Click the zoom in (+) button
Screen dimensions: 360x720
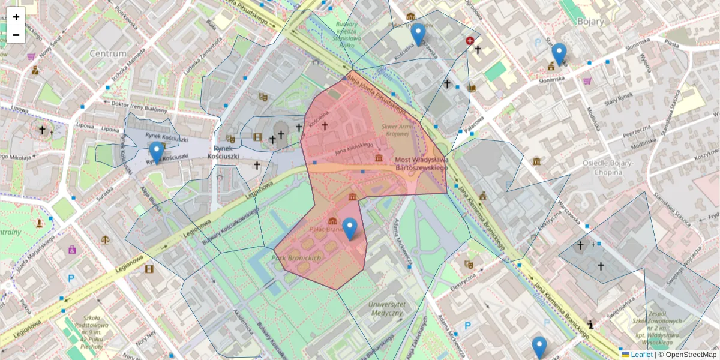click(16, 17)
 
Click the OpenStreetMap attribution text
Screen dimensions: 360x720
click(691, 355)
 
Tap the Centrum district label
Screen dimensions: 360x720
click(108, 53)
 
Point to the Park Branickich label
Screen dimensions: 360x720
click(298, 257)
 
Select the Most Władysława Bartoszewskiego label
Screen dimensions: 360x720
click(422, 164)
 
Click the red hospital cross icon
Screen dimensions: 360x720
click(470, 41)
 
